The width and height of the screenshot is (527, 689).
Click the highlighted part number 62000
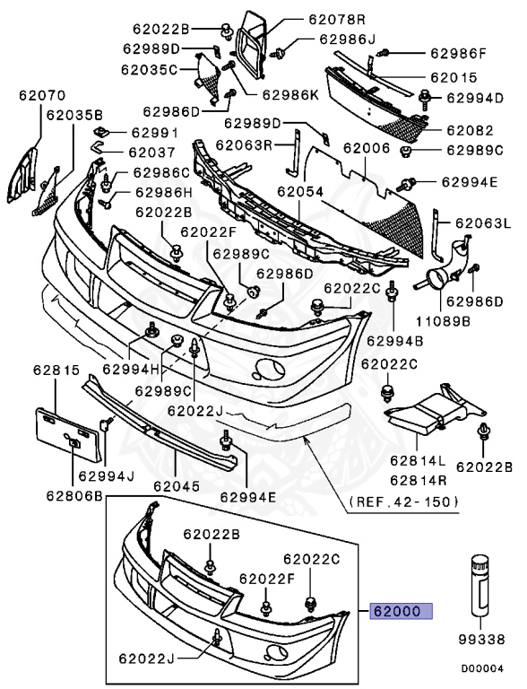402,612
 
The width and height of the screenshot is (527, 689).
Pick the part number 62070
37,93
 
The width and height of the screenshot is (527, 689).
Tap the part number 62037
151,153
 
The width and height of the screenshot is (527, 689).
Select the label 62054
299,192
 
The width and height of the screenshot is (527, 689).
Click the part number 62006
366,149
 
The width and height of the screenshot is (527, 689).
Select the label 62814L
417,462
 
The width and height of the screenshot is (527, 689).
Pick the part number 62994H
130,368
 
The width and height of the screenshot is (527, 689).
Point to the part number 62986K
290,93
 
